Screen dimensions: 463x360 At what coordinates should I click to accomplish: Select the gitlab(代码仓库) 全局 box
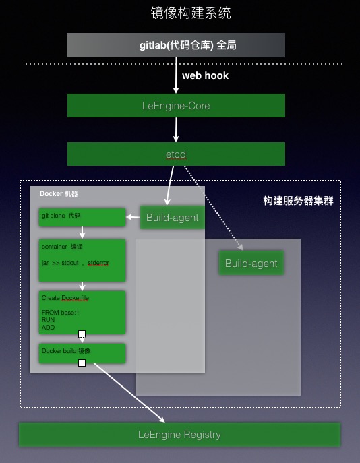pos(176,45)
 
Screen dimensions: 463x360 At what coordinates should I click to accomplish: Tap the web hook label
pos(205,75)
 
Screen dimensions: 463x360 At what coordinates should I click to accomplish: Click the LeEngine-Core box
pos(176,106)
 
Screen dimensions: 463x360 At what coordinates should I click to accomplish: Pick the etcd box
pos(176,154)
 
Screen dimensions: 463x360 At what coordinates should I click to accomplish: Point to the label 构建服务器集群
pos(298,201)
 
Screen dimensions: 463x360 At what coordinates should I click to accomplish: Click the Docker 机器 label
pos(59,194)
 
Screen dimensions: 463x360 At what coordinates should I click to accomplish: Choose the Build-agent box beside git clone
pos(172,217)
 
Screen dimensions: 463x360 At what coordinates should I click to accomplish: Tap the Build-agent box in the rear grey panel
pos(251,263)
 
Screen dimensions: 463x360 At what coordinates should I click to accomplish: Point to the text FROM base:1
pos(61,313)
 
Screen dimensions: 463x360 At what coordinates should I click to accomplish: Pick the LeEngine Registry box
pos(179,435)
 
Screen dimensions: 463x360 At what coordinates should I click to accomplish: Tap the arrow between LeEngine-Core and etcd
pos(176,130)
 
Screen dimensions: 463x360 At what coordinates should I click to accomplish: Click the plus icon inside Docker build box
pos(82,363)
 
